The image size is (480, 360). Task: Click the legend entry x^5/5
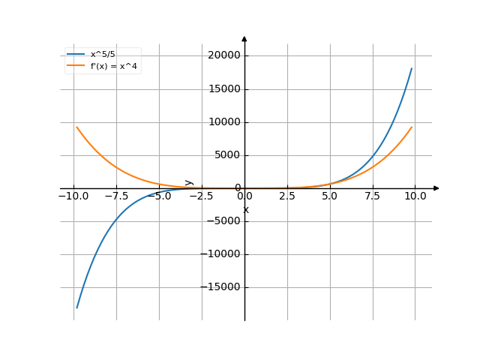(103, 55)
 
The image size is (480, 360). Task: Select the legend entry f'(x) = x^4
(111, 66)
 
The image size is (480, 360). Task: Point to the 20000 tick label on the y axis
(224, 56)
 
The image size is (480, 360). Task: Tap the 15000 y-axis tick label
(224, 89)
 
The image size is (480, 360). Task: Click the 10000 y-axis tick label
(224, 122)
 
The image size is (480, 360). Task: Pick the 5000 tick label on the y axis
(226, 155)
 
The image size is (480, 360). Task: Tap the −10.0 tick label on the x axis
(73, 196)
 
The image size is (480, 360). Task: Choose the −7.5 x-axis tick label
(116, 196)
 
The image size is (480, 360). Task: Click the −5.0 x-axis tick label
(159, 196)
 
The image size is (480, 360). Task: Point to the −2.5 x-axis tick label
(202, 196)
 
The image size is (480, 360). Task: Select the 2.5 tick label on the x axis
(287, 196)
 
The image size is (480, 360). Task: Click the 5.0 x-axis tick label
(330, 196)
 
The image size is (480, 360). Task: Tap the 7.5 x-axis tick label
(373, 196)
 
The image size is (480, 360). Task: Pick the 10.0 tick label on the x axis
(415, 196)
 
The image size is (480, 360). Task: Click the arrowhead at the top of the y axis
(244, 37)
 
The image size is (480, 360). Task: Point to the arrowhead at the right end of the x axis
(436, 188)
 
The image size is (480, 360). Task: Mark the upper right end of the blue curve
(412, 68)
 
